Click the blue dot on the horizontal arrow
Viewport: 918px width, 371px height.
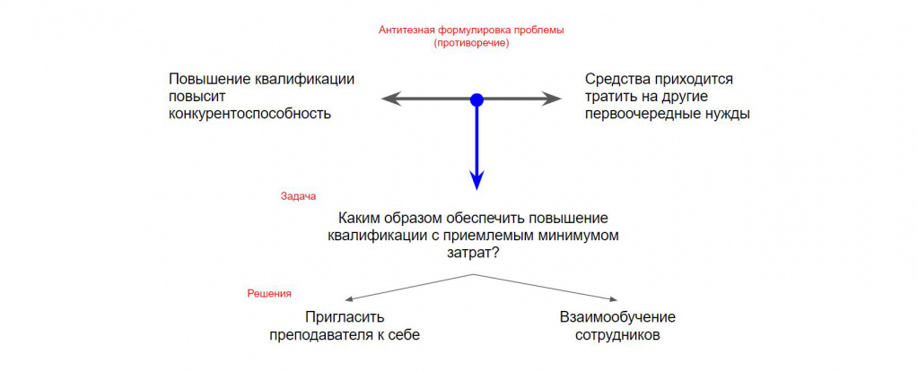click(x=476, y=99)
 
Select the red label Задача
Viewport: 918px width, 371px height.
click(x=298, y=194)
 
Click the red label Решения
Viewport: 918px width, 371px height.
click(x=268, y=293)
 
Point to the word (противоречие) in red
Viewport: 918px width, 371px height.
click(x=471, y=43)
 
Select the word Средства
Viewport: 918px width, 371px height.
click(x=619, y=80)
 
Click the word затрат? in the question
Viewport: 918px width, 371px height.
click(x=474, y=254)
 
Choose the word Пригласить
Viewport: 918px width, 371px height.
click(x=345, y=317)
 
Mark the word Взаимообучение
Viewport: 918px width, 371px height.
click(x=617, y=317)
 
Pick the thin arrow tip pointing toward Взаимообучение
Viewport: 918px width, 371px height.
click(x=612, y=300)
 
